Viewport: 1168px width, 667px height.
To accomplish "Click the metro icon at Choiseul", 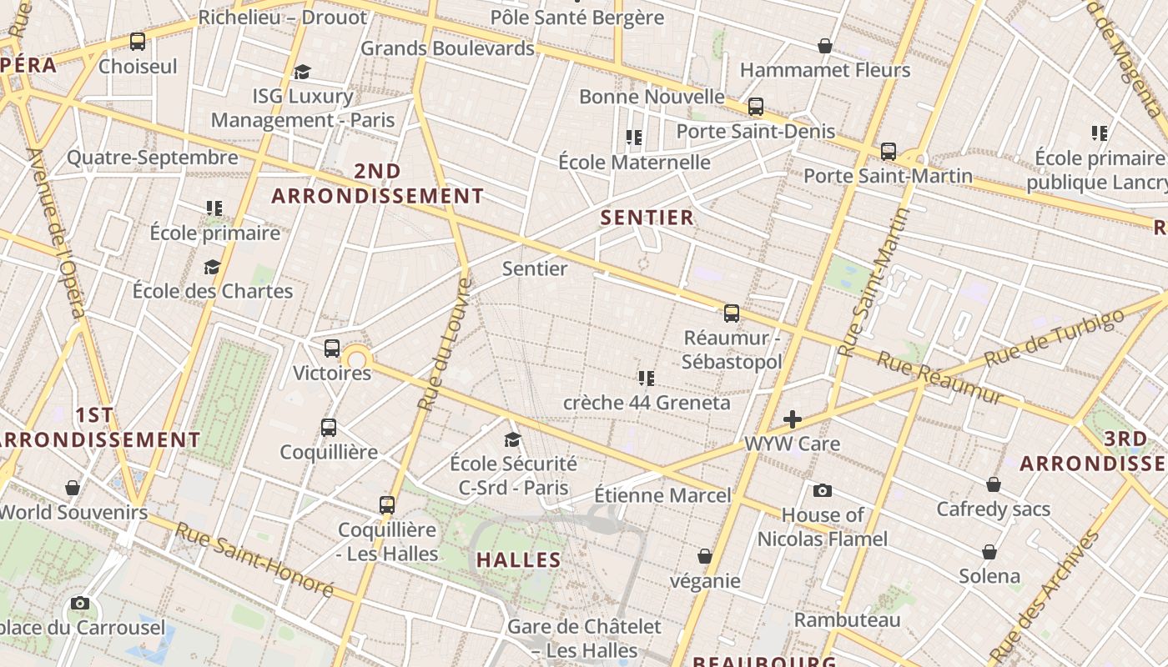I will (138, 42).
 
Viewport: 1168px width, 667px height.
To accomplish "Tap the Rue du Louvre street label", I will (445, 344).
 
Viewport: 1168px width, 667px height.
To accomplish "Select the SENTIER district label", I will (647, 218).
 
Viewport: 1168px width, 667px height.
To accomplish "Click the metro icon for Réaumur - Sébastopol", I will (732, 313).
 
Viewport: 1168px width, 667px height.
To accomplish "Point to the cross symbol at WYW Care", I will (793, 419).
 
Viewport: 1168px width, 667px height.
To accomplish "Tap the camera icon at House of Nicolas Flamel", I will (823, 490).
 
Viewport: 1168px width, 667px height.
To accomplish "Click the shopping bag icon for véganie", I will (705, 556).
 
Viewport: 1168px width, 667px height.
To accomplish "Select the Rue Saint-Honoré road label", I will (255, 559).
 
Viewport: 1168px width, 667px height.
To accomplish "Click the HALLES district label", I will (519, 559).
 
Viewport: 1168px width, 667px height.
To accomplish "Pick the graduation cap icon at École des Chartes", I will (213, 267).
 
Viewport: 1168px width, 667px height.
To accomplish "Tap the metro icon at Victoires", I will (332, 349).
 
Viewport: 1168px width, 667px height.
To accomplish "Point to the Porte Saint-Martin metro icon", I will (889, 152).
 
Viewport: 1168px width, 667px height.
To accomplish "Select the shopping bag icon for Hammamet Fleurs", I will (825, 46).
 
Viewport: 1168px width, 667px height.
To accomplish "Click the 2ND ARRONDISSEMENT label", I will (378, 183).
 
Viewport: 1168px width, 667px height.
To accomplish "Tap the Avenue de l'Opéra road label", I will (57, 233).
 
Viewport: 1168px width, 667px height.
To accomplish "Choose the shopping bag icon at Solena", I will (989, 552).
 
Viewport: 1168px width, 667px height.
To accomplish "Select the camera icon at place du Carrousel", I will (80, 603).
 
